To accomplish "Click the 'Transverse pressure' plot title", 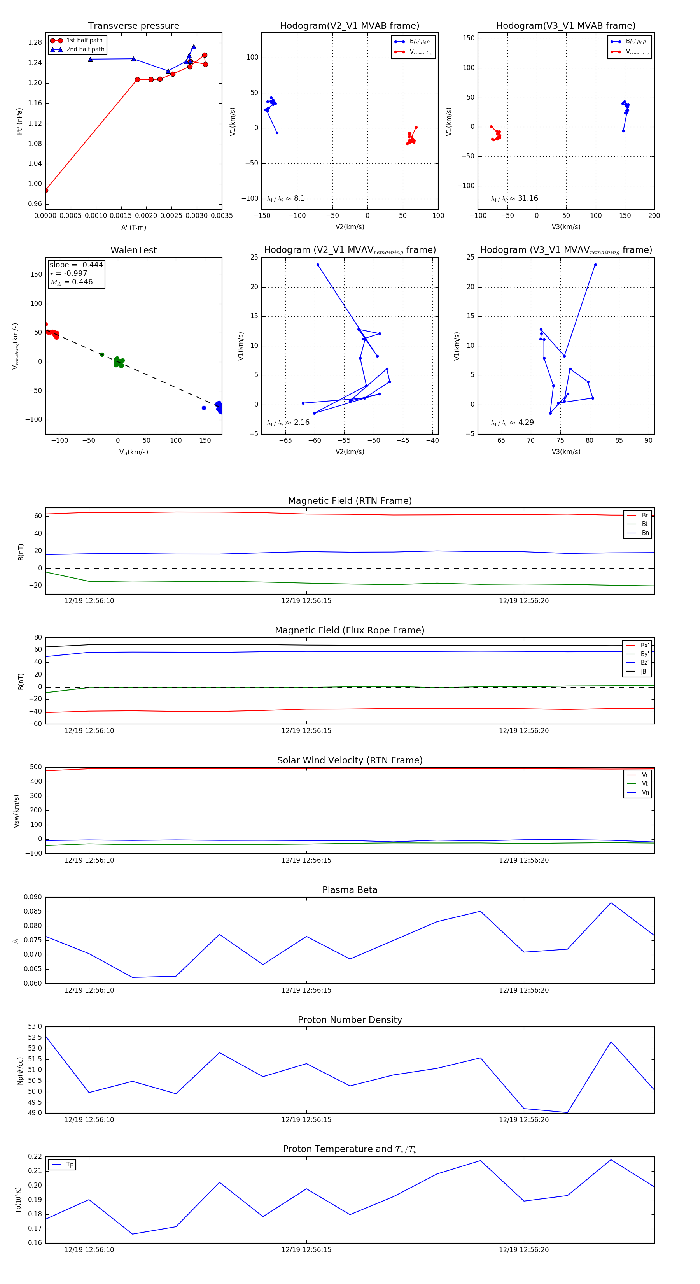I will tap(133, 26).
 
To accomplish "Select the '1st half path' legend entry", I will tap(84, 40).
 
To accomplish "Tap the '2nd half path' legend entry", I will tap(85, 49).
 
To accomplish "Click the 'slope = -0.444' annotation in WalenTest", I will tap(76, 265).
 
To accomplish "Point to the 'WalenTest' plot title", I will tap(133, 250).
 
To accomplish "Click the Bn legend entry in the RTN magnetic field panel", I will tap(645, 533).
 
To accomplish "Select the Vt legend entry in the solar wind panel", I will tap(645, 784).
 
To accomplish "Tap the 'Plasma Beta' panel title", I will tap(350, 890).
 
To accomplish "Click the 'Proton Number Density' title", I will tap(350, 1020).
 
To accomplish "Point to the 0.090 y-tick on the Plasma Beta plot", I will tap(33, 897).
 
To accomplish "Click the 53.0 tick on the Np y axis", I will tap(35, 1027).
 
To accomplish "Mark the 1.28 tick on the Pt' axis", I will tap(35, 42).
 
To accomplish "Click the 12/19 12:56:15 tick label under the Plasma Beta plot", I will tap(306, 990).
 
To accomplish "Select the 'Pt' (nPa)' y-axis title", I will tap(19, 121).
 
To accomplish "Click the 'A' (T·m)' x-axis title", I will tap(133, 227).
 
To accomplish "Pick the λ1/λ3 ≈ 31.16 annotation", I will tap(514, 198).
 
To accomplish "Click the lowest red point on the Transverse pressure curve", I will tap(46, 190).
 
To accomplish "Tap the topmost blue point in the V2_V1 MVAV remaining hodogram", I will tap(318, 265).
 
